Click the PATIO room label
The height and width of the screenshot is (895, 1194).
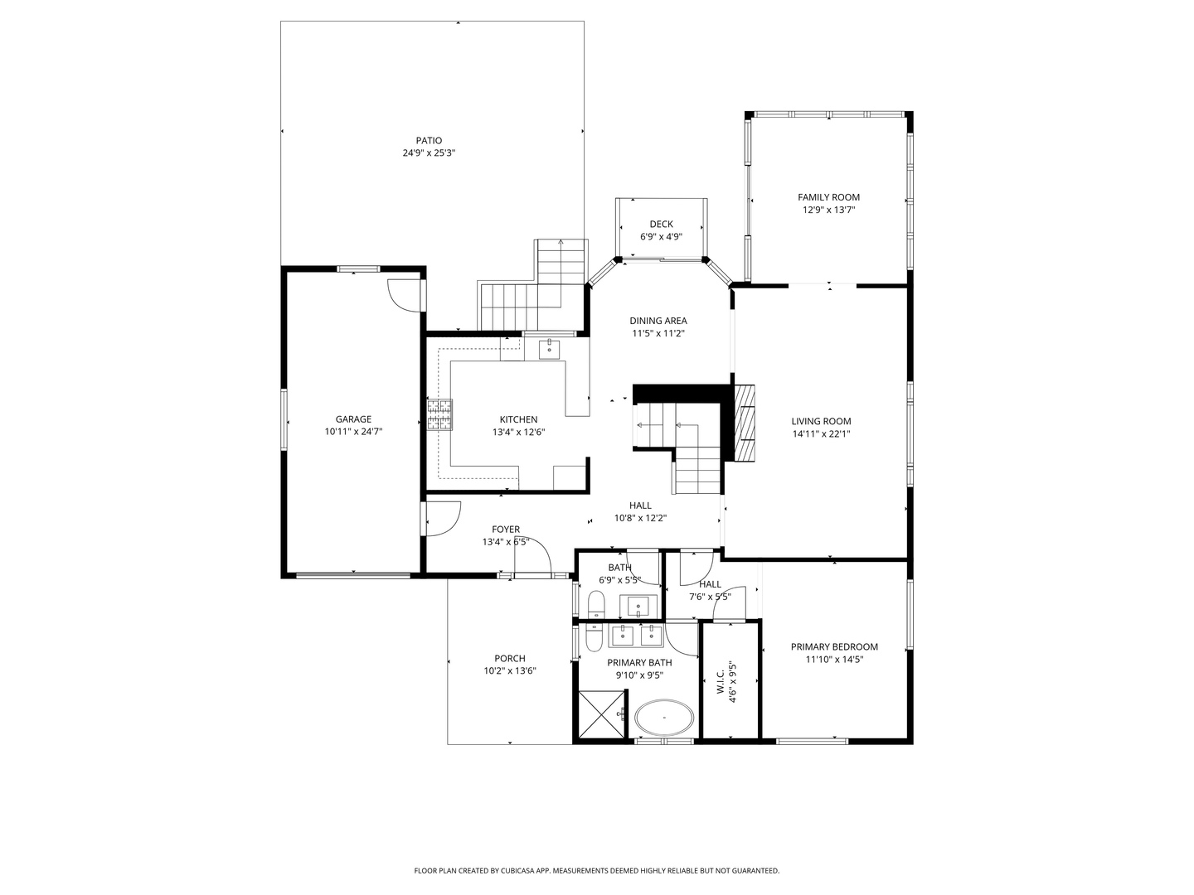429,141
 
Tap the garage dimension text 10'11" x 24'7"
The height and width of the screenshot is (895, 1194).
353,432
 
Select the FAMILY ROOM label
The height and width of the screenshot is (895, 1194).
828,197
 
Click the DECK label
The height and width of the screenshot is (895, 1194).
661,224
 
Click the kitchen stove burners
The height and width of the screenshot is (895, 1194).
440,415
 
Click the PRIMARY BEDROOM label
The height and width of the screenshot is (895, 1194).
833,647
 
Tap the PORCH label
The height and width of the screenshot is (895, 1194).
510,659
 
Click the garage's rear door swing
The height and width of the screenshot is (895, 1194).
404,294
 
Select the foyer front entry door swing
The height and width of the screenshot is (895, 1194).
532,554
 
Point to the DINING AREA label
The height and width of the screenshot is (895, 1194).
658,321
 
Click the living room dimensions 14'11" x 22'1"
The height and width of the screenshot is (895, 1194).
821,433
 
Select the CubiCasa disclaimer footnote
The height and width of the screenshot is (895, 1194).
596,871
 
